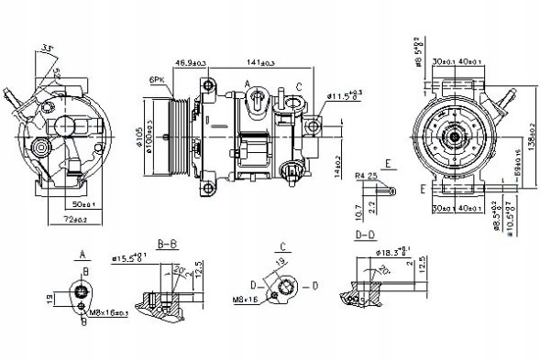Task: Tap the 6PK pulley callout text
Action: tap(157, 82)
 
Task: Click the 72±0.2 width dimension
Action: tap(75, 219)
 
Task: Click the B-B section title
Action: tap(166, 245)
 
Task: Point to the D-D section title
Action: tap(365, 236)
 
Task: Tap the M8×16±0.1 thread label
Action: tap(108, 314)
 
